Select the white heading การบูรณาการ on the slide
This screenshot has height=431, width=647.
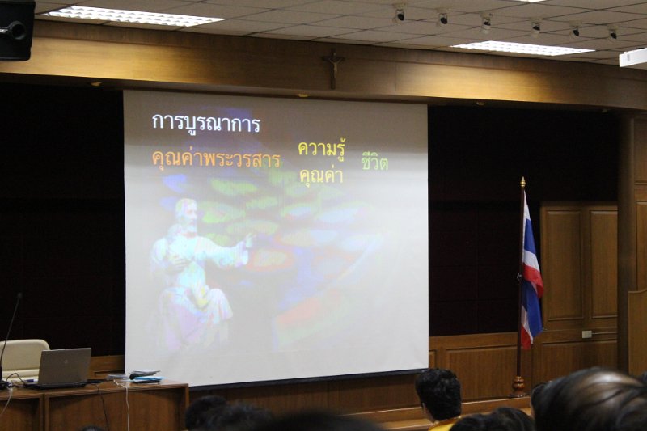click(206, 123)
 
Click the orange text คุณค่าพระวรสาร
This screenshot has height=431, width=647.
click(216, 159)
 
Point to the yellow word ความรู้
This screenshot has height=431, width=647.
click(322, 149)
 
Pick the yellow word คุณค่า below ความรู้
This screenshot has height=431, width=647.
click(321, 175)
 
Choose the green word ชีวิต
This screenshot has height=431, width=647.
click(374, 162)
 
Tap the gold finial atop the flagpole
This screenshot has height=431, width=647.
click(522, 182)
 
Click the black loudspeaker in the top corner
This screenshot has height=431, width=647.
click(17, 30)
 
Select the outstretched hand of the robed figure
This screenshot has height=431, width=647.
click(247, 240)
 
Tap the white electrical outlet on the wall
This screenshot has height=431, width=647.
click(586, 334)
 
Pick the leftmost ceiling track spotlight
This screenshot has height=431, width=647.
click(400, 15)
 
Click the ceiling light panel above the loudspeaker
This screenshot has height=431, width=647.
click(132, 16)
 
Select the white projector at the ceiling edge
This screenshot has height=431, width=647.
click(632, 57)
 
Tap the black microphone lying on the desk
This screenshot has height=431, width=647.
click(137, 376)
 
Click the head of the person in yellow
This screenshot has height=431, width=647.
click(438, 393)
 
